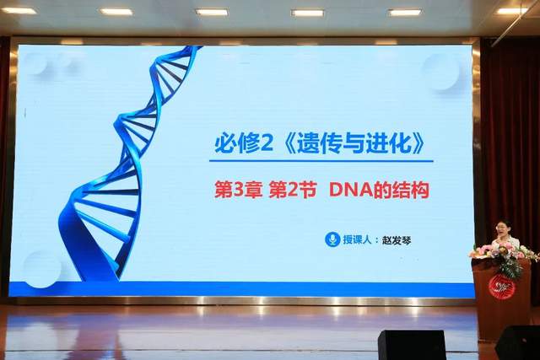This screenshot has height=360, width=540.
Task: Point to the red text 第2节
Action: point(291,191)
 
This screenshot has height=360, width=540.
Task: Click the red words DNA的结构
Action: point(379,191)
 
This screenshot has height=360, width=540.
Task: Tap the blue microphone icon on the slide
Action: point(332,239)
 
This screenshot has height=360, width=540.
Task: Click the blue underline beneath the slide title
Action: point(321,161)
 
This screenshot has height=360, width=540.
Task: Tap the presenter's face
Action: point(503,228)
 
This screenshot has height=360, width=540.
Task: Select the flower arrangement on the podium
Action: point(504,255)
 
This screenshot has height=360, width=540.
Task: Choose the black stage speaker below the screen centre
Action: point(411,344)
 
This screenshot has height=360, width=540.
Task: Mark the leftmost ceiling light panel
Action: point(19,11)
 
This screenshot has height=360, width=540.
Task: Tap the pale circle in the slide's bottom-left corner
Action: point(42,268)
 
